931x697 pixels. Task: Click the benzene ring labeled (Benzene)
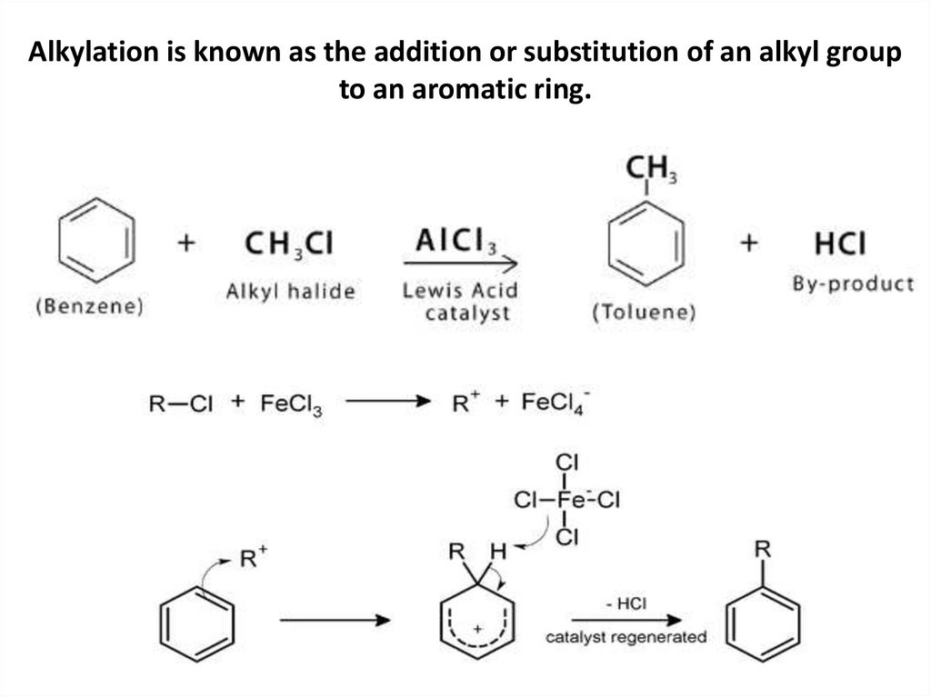point(96,243)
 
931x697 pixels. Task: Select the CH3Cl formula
point(289,244)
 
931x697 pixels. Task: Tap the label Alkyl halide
point(290,292)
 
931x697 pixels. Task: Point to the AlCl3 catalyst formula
point(455,240)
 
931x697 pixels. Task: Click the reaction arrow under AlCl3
point(460,264)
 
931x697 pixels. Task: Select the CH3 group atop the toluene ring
point(649,168)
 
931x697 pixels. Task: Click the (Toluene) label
point(644,314)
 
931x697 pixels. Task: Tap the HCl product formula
point(840,244)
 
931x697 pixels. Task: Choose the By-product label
point(853,284)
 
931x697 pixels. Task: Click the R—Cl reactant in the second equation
point(180,403)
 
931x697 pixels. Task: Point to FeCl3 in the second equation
point(286,403)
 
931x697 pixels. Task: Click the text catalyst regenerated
point(626,637)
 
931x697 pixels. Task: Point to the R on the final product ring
point(764,549)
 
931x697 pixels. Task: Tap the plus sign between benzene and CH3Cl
point(187,244)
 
